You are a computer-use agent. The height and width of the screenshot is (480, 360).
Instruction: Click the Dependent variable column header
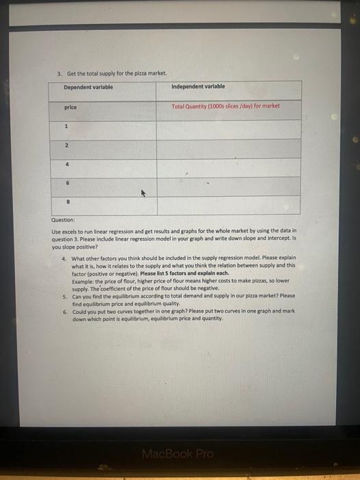click(x=88, y=88)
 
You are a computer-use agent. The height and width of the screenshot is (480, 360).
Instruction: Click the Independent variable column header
click(x=198, y=86)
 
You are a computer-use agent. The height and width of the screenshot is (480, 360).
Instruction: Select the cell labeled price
click(x=70, y=108)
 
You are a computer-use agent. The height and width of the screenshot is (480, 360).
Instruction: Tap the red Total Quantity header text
click(x=226, y=106)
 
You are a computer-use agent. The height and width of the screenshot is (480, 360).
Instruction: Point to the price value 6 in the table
click(x=67, y=184)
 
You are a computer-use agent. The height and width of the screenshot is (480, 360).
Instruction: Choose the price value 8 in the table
click(x=67, y=203)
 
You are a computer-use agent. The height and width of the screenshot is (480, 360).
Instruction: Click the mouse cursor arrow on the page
click(x=143, y=194)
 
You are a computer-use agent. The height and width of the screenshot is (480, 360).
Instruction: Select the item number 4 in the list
click(x=63, y=259)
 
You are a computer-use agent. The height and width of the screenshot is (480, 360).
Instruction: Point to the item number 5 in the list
click(x=63, y=296)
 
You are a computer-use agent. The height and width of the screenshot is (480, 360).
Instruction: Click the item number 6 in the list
click(x=63, y=311)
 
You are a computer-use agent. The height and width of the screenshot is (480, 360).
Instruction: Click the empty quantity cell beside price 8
click(x=228, y=205)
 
